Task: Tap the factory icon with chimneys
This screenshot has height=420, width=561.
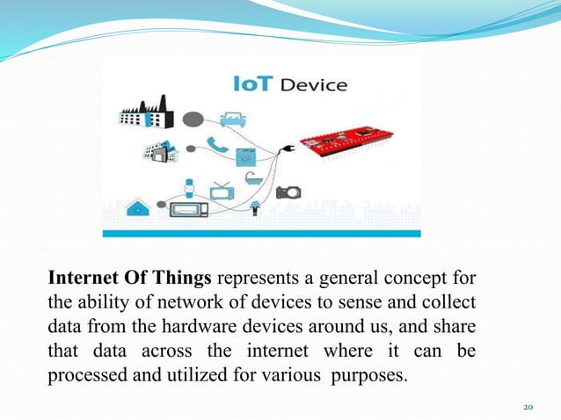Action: [x=145, y=112]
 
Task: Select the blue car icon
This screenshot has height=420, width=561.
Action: [x=232, y=118]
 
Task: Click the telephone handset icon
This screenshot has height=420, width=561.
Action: [x=211, y=144]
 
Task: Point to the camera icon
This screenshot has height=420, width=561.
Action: [x=288, y=192]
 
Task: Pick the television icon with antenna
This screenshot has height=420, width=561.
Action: [x=222, y=189]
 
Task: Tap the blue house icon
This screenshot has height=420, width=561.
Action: [x=138, y=209]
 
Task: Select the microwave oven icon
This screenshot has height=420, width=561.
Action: [x=190, y=210]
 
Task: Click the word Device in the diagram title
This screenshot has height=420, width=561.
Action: [x=313, y=85]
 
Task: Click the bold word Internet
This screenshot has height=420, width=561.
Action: [x=81, y=279]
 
